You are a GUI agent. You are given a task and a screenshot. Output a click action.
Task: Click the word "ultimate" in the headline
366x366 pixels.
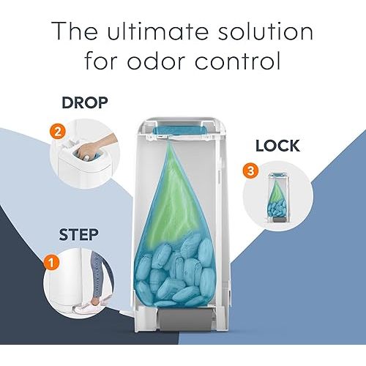(155, 32)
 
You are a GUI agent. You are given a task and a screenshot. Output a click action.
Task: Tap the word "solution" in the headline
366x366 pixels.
(259, 32)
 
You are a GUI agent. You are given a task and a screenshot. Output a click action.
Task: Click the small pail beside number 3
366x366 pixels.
(277, 198)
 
